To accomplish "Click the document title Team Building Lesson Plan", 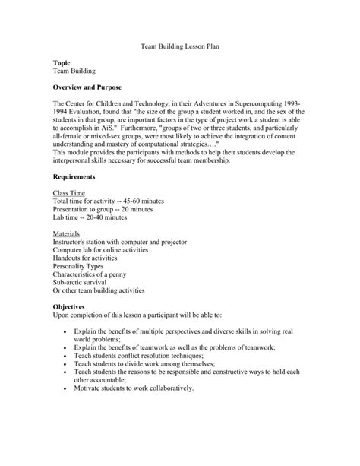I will (180, 46).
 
